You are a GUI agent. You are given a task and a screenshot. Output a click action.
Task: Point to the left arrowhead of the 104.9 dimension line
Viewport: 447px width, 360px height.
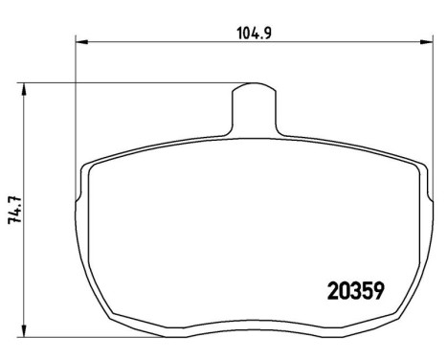coord(80,41)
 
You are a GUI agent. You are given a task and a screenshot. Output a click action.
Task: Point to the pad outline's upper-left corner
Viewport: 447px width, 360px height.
coord(89,164)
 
